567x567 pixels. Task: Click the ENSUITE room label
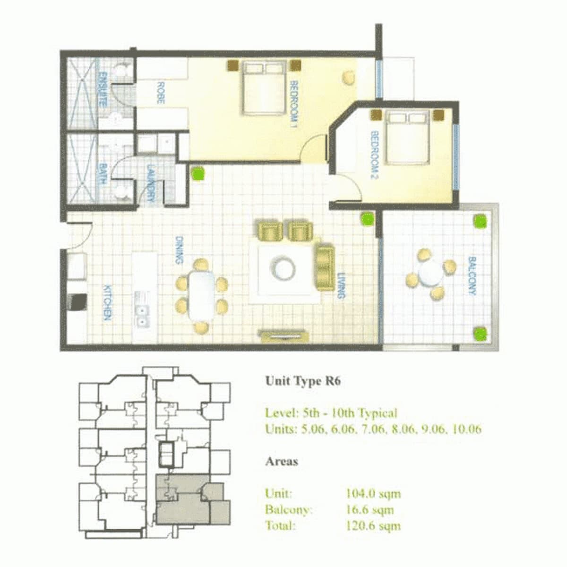tap(103, 89)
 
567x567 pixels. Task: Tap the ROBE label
tap(161, 93)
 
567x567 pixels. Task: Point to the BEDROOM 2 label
tap(375, 155)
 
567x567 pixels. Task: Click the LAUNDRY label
tap(151, 182)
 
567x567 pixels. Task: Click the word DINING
tap(179, 250)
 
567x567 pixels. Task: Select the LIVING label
tap(341, 285)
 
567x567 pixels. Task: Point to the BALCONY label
tap(472, 275)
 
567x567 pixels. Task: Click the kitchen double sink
tap(142, 310)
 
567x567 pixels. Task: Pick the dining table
tap(202, 295)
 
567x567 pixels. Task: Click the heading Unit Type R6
tap(303, 381)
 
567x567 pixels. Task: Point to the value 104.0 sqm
tap(373, 493)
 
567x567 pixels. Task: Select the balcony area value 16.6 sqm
tap(369, 509)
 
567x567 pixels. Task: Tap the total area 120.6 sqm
tap(373, 525)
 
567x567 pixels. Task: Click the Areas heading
tap(282, 461)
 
